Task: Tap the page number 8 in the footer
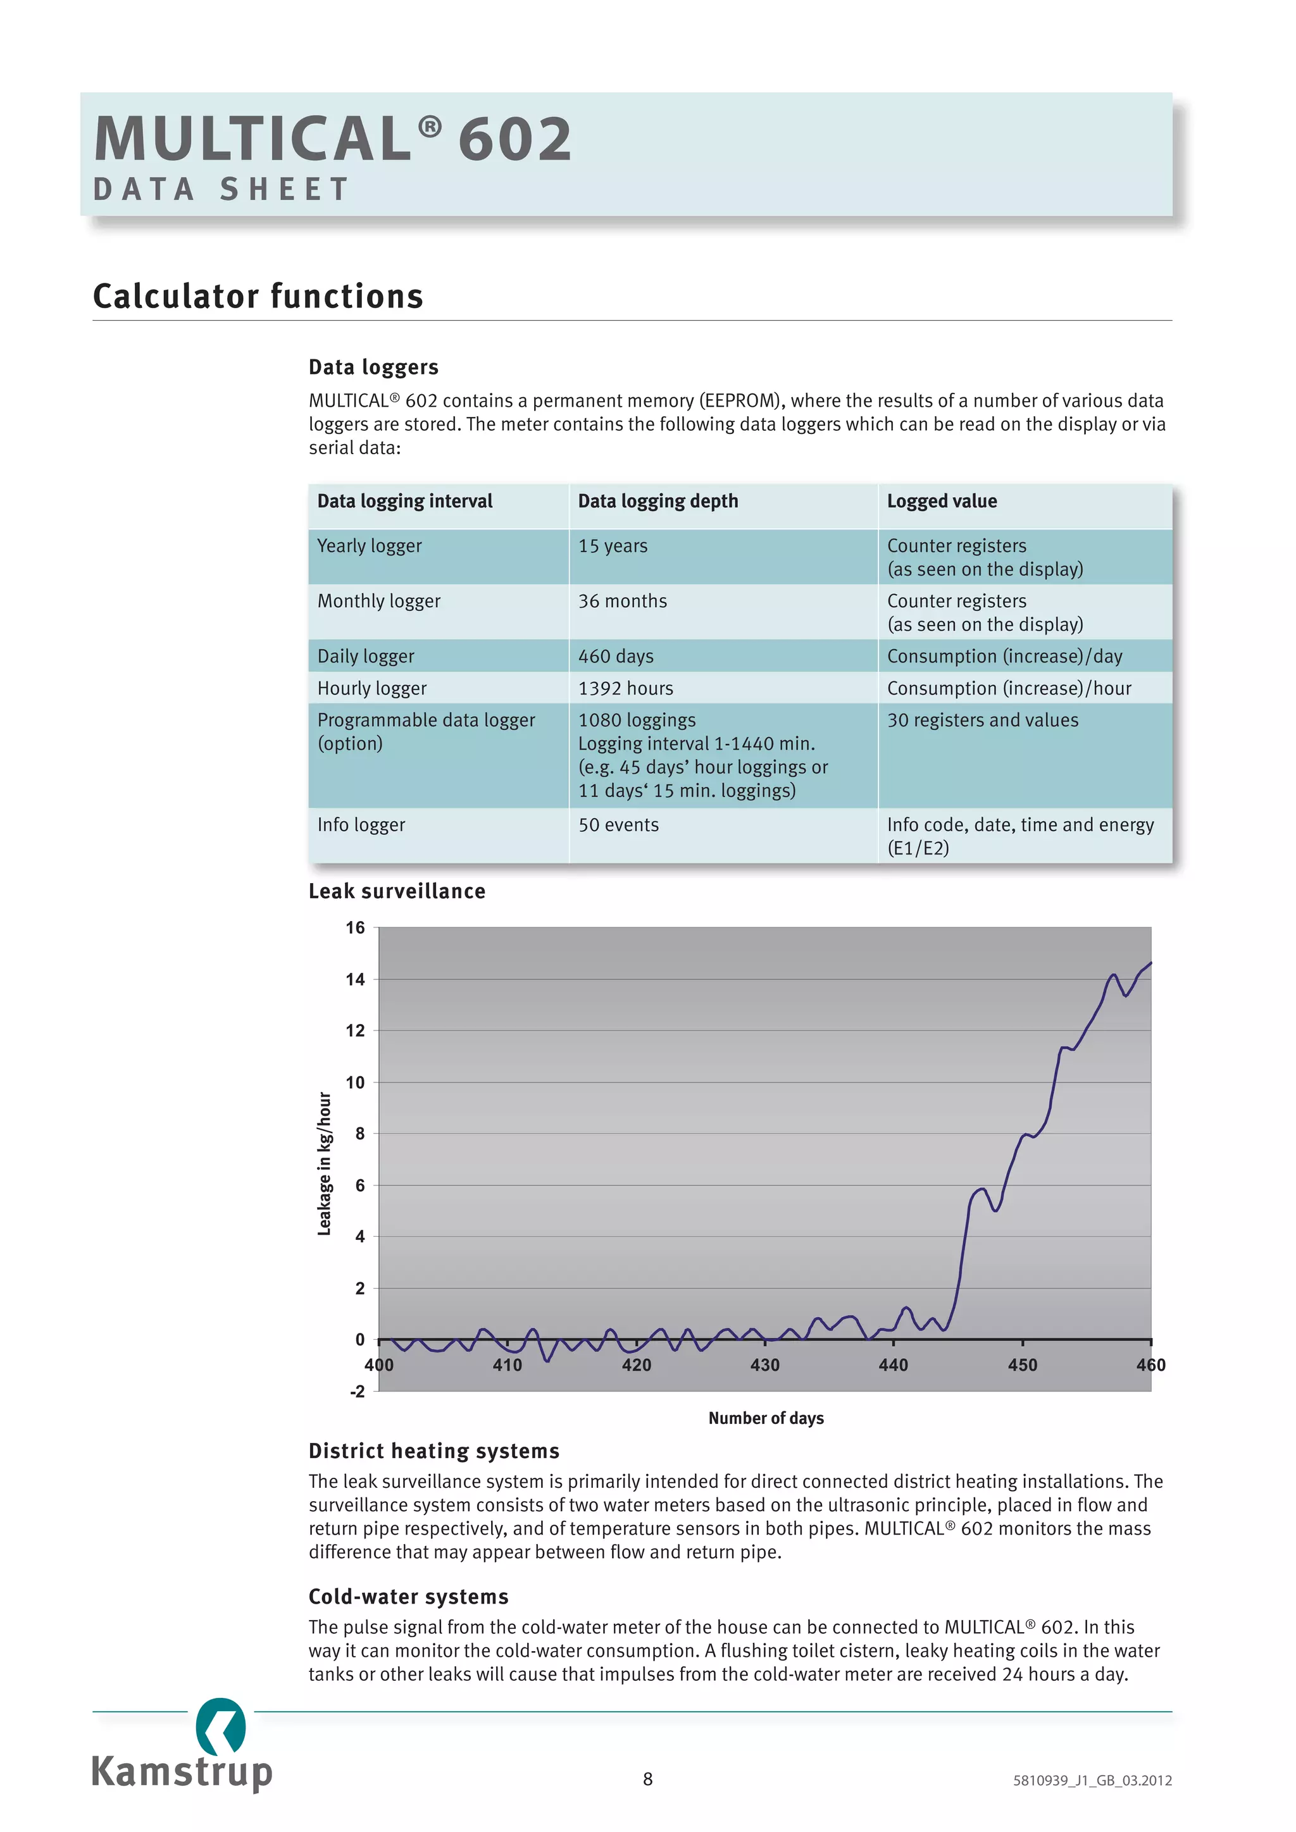click(648, 1778)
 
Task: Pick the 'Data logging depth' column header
click(657, 501)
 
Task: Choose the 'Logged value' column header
click(942, 501)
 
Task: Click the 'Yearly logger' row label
click(370, 546)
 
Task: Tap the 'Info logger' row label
click(361, 824)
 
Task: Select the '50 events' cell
click(618, 824)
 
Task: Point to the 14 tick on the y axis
click(355, 979)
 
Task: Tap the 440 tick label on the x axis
click(893, 1365)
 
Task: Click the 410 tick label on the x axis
click(507, 1365)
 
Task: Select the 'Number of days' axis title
click(765, 1418)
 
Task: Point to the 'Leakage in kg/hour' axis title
click(324, 1163)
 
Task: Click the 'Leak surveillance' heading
click(397, 891)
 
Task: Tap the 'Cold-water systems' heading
click(409, 1597)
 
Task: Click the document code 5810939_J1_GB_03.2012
click(1092, 1780)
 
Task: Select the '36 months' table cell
click(623, 601)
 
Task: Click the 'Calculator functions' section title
click(258, 296)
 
